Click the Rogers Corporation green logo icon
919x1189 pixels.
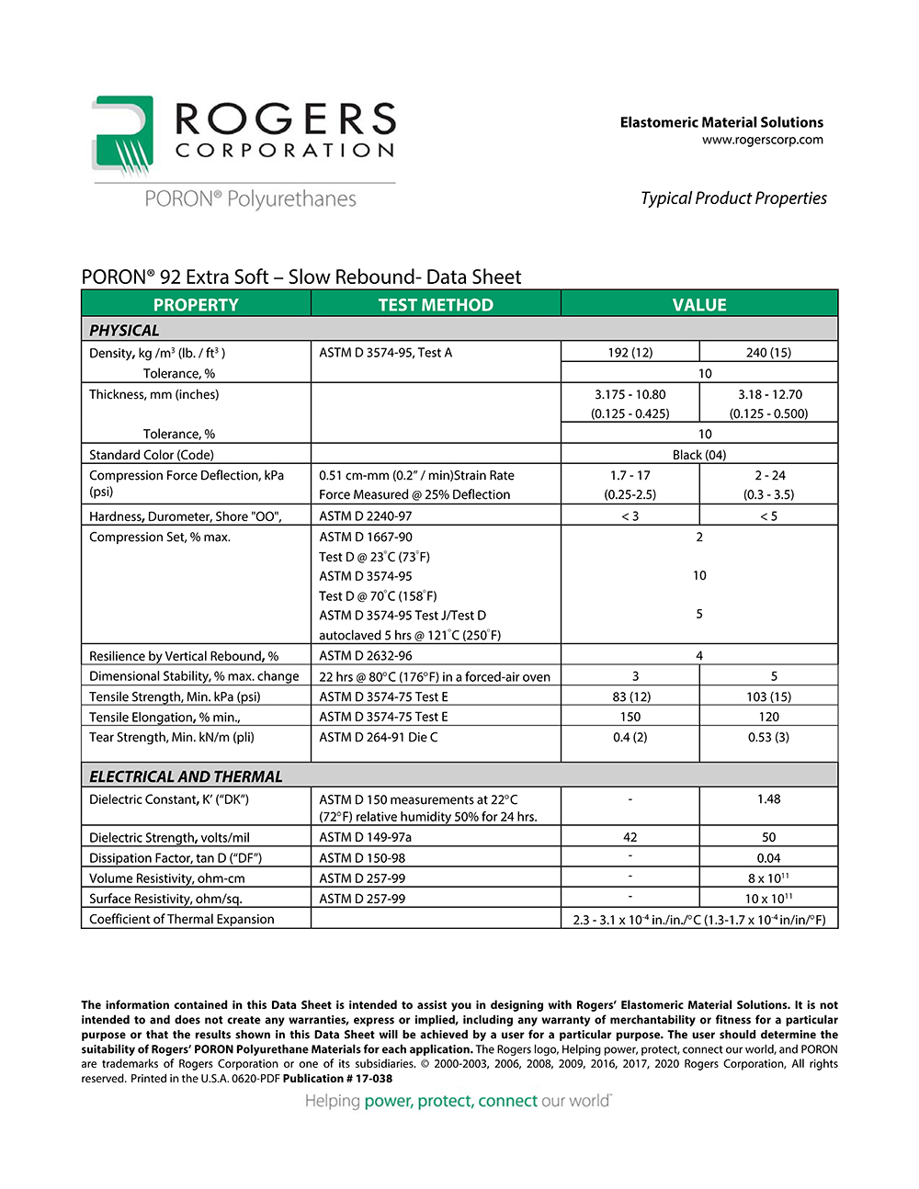(122, 135)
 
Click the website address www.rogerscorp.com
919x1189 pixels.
(762, 140)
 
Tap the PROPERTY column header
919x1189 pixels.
(196, 304)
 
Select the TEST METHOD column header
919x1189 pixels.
(436, 304)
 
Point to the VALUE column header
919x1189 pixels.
(699, 304)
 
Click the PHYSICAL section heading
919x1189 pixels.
(124, 330)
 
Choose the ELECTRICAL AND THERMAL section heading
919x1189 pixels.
(186, 776)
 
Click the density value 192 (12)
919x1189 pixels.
(630, 352)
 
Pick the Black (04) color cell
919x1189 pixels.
(699, 454)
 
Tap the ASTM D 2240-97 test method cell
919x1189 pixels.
(366, 515)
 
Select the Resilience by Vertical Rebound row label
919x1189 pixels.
(184, 656)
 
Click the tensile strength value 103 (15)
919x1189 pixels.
(768, 696)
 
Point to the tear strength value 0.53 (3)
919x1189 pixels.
(768, 737)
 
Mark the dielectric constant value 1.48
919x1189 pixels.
(768, 799)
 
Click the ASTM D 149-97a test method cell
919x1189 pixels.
(365, 837)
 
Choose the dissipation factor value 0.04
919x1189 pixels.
(768, 857)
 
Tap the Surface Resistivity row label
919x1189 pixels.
(165, 899)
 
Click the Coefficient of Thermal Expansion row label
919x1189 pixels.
(182, 919)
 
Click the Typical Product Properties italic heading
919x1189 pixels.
(733, 198)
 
